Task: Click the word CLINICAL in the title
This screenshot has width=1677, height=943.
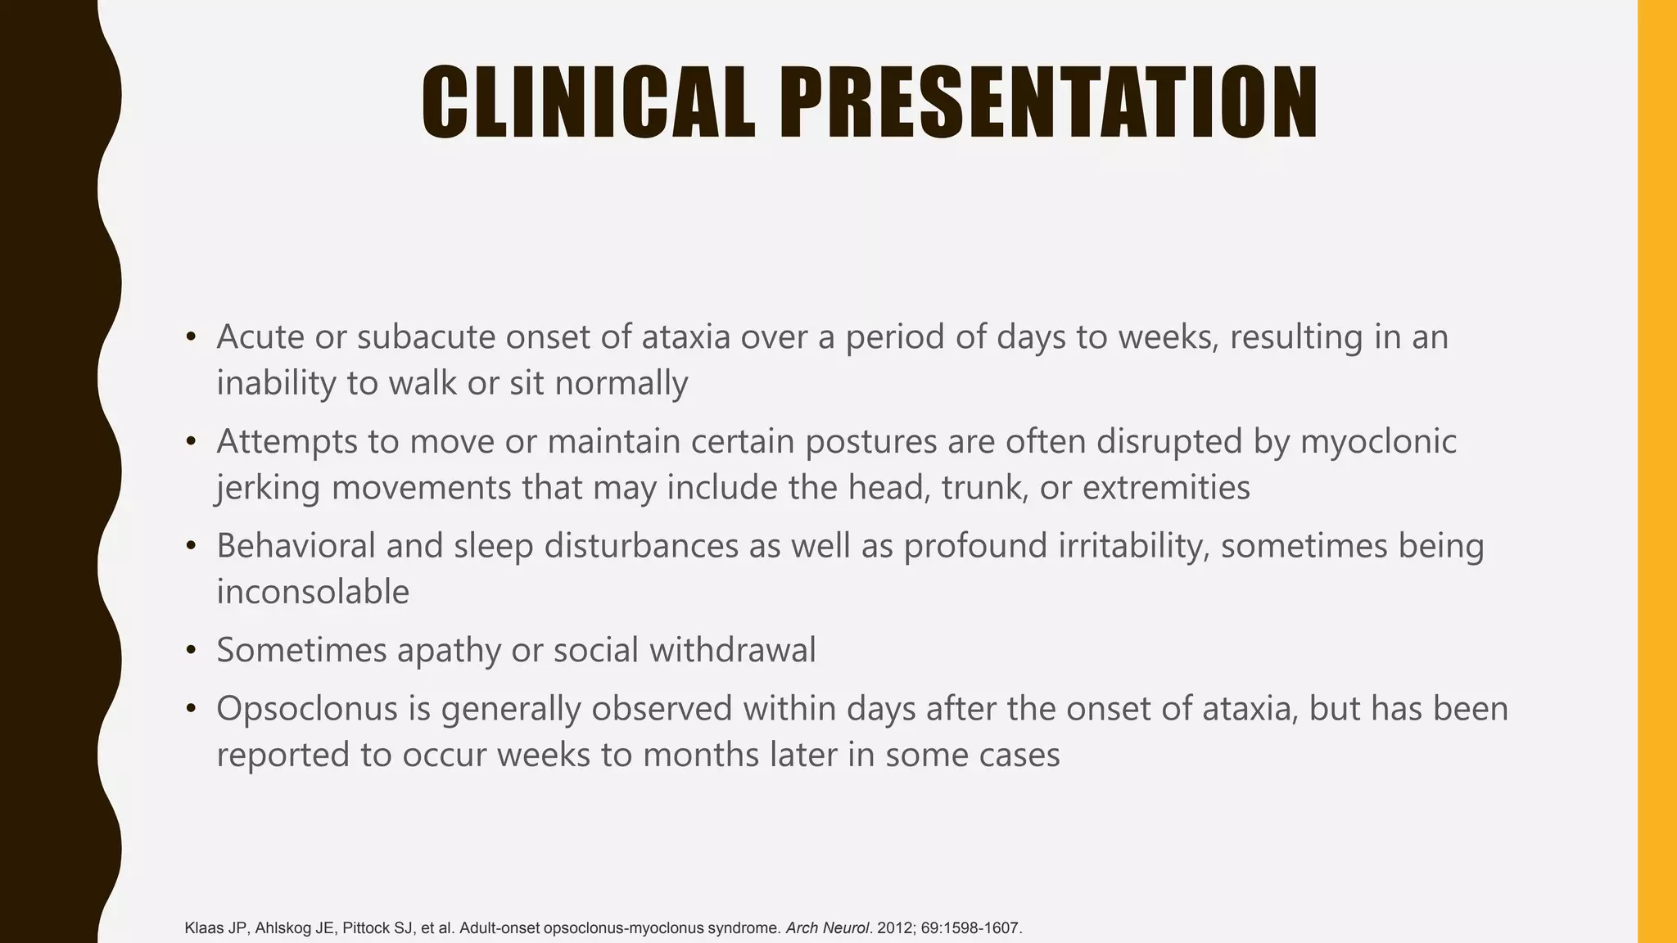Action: tap(588, 103)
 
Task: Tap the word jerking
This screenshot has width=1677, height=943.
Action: tap(269, 488)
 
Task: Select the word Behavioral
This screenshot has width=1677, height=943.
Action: tap(296, 546)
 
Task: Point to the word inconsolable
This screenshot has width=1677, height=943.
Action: tap(313, 592)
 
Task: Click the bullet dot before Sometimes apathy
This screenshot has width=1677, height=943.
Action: tap(192, 651)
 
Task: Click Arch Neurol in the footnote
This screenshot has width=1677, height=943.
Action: tap(827, 928)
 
